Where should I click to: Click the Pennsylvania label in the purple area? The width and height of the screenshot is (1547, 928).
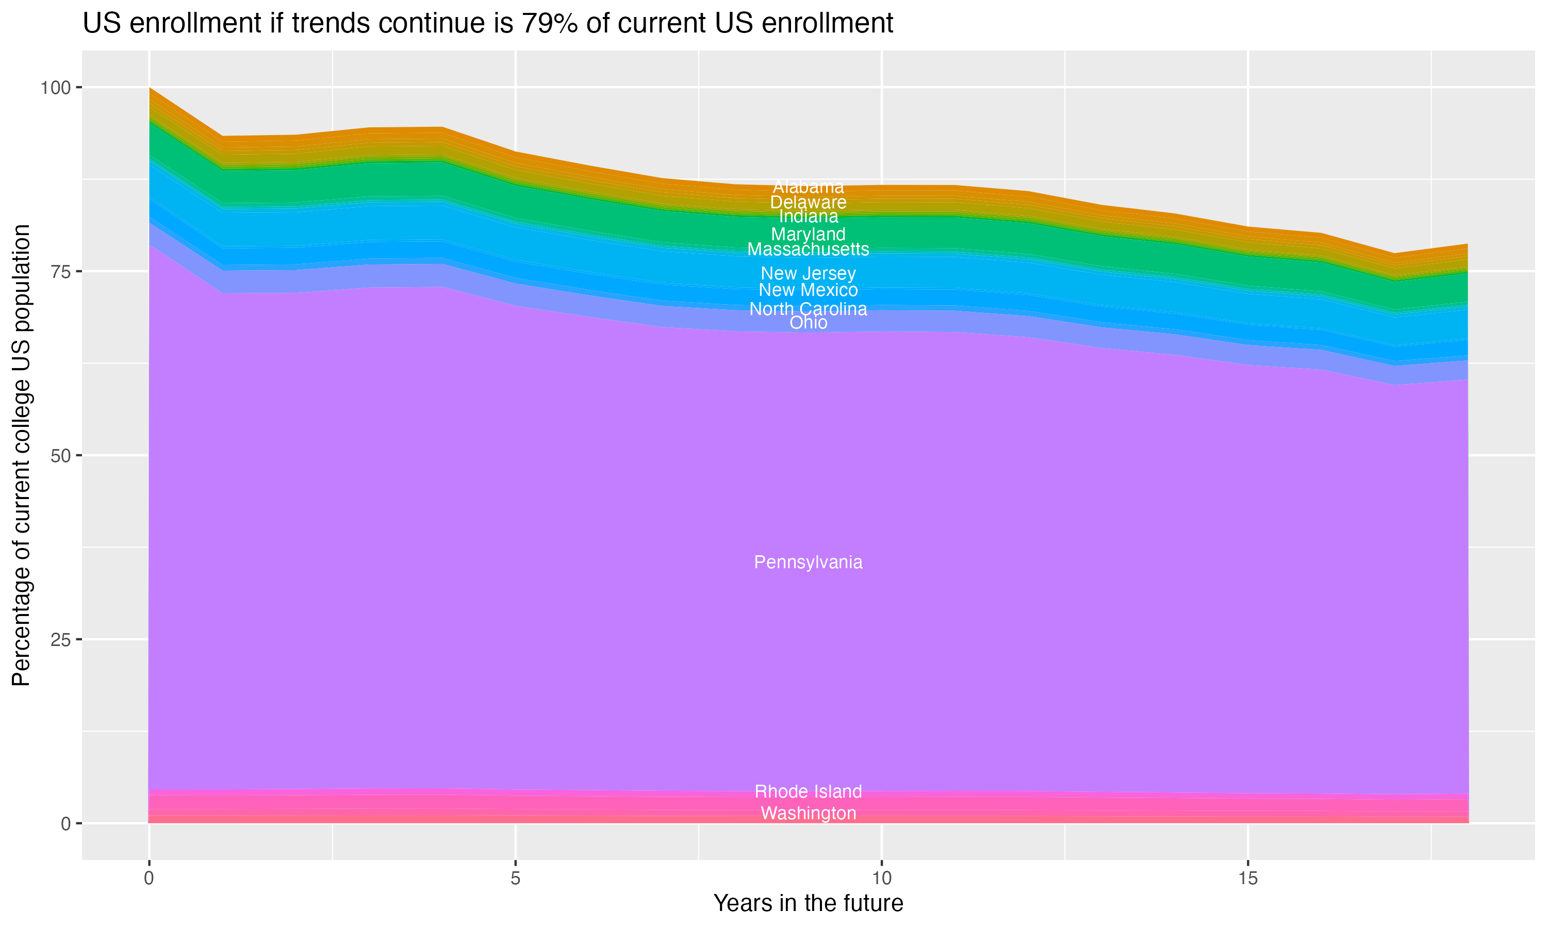808,562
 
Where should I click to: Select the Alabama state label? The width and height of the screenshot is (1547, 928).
808,186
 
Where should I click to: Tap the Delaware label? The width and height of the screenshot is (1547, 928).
808,202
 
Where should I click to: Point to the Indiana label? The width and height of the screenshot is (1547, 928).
808,217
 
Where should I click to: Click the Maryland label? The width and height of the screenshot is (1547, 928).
808,234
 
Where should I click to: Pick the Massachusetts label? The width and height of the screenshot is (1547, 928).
808,249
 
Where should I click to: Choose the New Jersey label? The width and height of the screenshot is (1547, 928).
808,273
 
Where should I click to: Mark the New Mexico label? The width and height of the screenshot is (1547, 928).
808,290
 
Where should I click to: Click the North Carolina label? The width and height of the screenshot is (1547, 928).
808,308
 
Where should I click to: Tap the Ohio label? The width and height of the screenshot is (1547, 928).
808,322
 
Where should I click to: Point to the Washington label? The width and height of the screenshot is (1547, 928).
808,813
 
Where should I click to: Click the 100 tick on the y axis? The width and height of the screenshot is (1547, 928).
55,88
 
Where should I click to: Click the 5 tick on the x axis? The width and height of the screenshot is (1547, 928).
515,879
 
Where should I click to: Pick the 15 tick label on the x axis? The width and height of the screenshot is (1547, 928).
1247,879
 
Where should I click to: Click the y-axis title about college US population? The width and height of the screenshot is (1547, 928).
21,455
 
